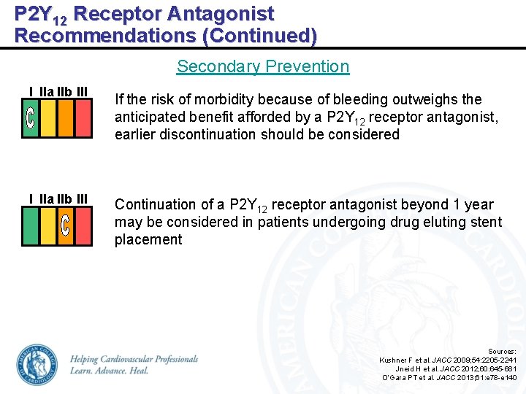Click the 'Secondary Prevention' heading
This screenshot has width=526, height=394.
[263, 66]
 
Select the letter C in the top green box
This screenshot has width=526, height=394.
[31, 119]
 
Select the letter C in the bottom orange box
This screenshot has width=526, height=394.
[66, 226]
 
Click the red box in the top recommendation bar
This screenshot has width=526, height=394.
[83, 119]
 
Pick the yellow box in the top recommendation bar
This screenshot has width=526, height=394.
[48, 119]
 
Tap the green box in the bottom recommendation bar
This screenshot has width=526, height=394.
[31, 226]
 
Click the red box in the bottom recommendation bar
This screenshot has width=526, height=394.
[83, 226]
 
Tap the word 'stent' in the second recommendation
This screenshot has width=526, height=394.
[485, 222]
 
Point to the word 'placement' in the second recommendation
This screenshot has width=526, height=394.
[148, 239]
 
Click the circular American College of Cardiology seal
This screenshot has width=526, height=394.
[37, 365]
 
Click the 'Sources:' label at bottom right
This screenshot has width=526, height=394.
[502, 351]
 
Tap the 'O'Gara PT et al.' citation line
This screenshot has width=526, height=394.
[449, 377]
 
